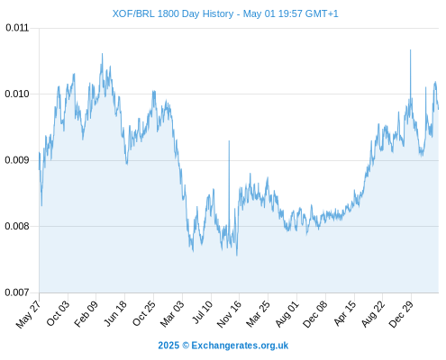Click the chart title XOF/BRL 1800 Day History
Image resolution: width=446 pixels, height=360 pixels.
coord(173,13)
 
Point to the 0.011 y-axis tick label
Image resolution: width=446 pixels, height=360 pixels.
coord(17,28)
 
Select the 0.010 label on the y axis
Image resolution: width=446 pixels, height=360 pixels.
coord(17,94)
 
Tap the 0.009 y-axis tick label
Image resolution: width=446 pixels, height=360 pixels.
coord(17,160)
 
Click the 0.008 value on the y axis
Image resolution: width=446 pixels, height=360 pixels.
coord(17,226)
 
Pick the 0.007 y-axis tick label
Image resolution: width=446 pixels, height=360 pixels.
coord(17,292)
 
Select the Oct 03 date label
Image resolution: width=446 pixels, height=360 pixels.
coord(58,313)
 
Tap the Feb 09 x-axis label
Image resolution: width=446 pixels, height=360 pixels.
coord(86,313)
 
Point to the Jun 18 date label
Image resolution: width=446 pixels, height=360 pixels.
coord(115,313)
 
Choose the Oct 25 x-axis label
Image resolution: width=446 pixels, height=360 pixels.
coord(144,313)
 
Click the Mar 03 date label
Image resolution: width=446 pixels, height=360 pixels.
coord(172,313)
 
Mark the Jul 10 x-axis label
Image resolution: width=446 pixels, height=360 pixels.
coord(203,312)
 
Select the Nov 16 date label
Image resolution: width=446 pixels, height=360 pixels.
coord(229,314)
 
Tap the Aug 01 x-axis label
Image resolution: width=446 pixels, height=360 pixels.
coord(287,313)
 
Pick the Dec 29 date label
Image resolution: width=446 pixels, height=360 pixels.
coord(401,314)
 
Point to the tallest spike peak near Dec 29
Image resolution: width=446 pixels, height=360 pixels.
coord(410,49)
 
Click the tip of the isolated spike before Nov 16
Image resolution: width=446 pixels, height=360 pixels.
coord(229,140)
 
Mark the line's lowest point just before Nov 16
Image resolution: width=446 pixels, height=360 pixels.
coord(237,256)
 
